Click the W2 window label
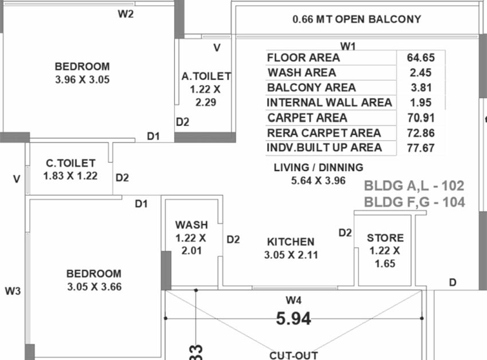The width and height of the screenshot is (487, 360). pos(126,14)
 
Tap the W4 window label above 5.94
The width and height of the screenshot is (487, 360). pos(294,300)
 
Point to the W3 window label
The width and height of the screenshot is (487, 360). pos(13,291)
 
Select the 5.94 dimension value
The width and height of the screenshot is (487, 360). pos(294,319)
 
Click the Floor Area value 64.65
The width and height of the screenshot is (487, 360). pos(421,58)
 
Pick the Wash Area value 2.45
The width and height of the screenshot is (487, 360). pos(421,73)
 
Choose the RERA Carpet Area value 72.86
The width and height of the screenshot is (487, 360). pos(421,133)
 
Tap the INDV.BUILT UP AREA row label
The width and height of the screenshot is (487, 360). pos(324,148)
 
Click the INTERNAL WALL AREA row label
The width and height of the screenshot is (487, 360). pos(329,102)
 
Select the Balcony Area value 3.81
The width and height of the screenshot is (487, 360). pos(422,88)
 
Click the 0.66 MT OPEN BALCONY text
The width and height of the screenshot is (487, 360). pos(357,19)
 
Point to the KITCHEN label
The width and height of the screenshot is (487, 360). pos(291,242)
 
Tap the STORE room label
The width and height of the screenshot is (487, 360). pos(385,238)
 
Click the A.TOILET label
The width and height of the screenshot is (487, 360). pos(206,76)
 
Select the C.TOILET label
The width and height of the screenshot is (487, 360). pos(71,163)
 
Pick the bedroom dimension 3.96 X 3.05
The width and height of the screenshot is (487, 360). pos(82,80)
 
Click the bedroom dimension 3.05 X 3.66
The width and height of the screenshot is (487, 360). pos(95,286)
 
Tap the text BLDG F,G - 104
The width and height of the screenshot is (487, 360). pos(415,202)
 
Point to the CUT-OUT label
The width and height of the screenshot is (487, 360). pos(294,356)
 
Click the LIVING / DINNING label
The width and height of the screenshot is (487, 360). pos(319,167)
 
